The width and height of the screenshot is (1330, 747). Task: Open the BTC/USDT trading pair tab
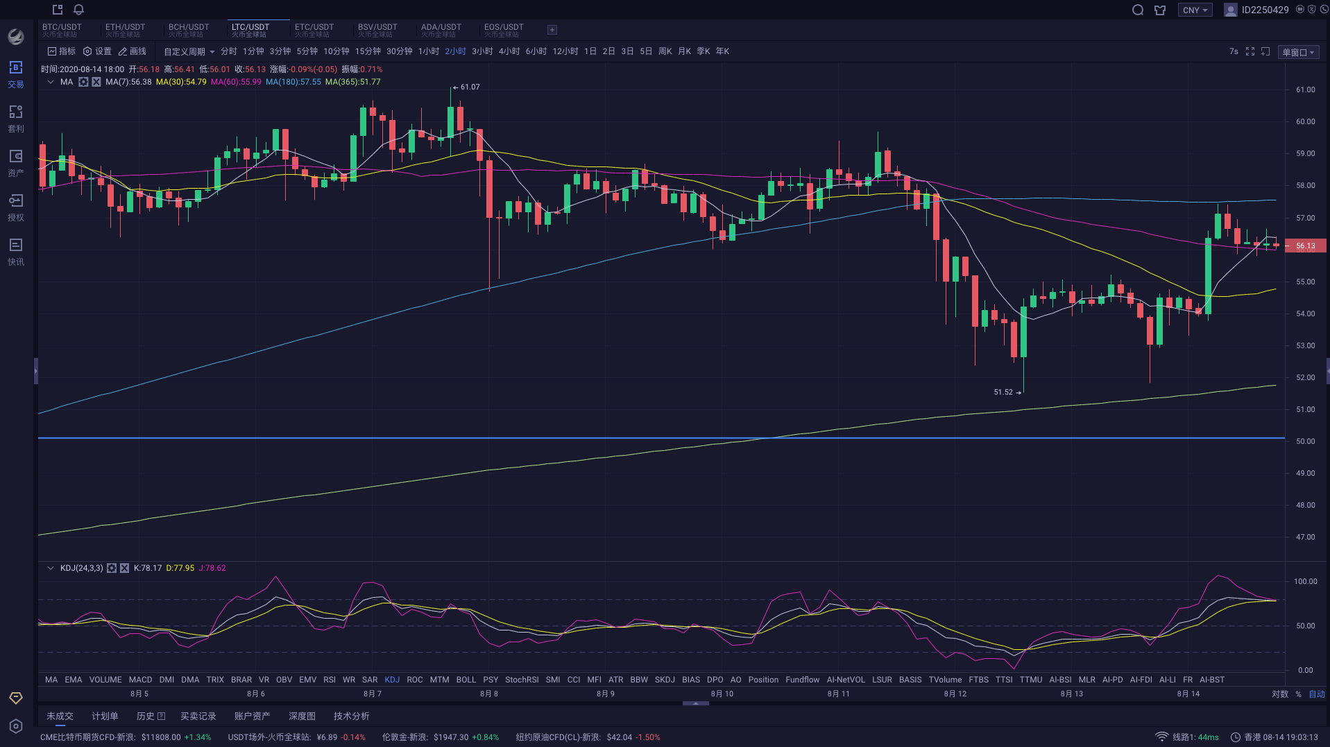[x=62, y=29]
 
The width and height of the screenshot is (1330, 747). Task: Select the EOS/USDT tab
[x=504, y=29]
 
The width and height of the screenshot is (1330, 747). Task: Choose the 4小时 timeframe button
[x=509, y=51]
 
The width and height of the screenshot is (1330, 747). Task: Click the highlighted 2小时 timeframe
[x=455, y=51]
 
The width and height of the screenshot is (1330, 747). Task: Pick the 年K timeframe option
[x=722, y=51]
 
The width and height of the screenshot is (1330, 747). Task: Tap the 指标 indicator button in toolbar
[x=62, y=51]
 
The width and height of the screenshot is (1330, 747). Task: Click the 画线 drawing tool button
[x=133, y=51]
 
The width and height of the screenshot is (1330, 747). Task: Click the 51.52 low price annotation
[x=1004, y=392]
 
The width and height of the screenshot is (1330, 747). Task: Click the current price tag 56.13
[x=1305, y=246]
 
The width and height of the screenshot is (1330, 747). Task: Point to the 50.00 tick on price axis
[x=1305, y=441]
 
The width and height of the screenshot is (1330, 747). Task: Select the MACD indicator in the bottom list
[x=140, y=680]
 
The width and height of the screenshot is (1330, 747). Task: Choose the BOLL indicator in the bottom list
[x=466, y=680]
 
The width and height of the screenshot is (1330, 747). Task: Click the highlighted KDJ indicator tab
[x=392, y=680]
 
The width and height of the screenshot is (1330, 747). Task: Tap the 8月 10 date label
[x=722, y=694]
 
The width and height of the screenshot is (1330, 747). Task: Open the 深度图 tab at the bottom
[x=302, y=716]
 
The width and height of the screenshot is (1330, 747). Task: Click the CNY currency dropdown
[x=1195, y=10]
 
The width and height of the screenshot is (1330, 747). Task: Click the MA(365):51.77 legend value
[x=352, y=82]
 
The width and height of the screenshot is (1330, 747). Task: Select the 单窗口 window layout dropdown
[x=1297, y=52]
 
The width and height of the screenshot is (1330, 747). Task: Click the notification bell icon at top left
[x=78, y=10]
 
